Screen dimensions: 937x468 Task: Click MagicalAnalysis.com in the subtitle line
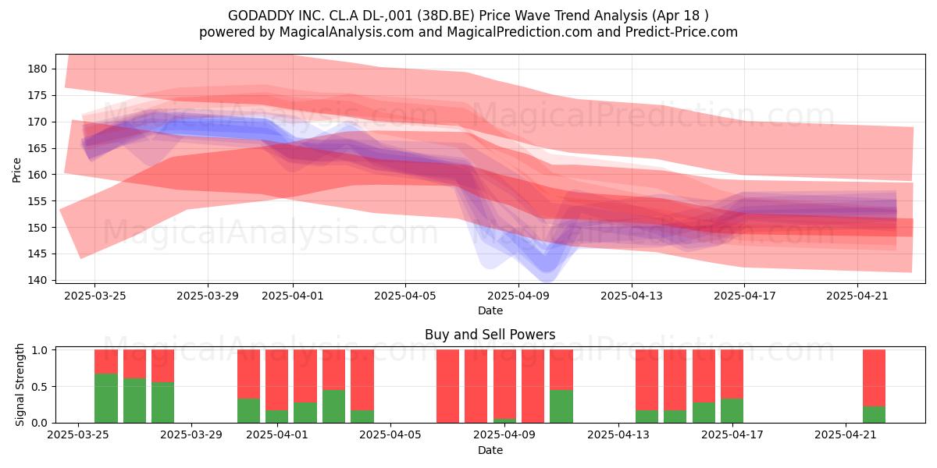point(347,32)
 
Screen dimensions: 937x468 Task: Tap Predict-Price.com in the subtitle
point(682,32)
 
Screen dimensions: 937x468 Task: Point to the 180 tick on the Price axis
point(37,69)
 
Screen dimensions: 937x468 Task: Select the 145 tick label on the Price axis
point(37,254)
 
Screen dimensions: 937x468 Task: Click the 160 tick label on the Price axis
point(37,175)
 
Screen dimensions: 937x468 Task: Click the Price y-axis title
point(16,170)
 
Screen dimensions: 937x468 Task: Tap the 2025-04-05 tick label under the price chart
point(405,296)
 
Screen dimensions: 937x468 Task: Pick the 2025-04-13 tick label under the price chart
point(632,296)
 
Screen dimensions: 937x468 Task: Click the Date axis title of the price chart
point(490,310)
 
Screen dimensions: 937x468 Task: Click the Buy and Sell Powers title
point(490,335)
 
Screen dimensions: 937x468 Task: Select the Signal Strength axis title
point(20,385)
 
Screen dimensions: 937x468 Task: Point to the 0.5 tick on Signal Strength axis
point(39,387)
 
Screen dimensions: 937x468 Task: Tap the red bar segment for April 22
point(875,378)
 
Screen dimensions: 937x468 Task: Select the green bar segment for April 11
point(561,406)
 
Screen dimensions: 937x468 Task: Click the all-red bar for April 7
point(447,386)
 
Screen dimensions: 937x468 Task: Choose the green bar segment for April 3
point(334,406)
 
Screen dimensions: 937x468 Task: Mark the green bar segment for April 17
point(732,411)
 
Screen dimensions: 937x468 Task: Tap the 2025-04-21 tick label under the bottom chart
point(846,435)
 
